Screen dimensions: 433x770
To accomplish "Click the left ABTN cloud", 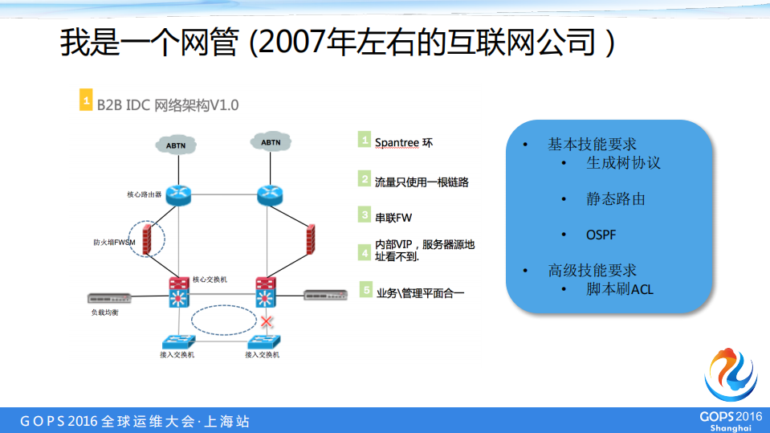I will [175, 145].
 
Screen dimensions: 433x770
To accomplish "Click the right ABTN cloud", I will [271, 142].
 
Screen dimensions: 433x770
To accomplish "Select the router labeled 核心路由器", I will [177, 195].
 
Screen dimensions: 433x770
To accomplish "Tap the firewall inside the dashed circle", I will [147, 239].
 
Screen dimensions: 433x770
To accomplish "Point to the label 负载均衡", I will [104, 312].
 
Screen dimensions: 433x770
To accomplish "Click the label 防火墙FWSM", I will [113, 242].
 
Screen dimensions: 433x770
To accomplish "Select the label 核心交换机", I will [210, 280].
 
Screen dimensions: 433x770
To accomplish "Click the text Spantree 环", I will [404, 142].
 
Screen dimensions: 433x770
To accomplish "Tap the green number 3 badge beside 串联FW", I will [365, 215].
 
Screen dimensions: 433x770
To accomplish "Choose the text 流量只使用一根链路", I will [422, 182].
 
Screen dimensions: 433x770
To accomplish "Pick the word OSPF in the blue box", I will [601, 235].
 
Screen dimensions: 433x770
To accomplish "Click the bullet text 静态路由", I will [615, 198].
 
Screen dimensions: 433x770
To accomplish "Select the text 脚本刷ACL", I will [620, 288].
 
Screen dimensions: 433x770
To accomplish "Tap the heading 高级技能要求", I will [592, 270].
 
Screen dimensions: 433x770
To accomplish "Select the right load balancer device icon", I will [326, 296].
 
